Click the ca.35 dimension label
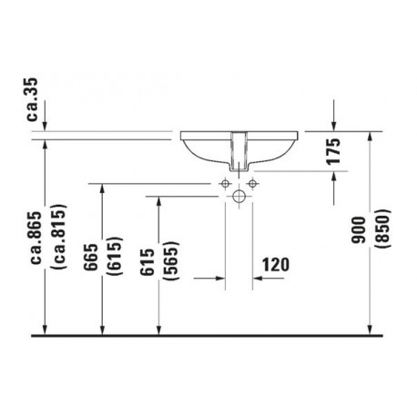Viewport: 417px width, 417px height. click(x=33, y=100)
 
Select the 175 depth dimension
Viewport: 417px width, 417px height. click(x=333, y=152)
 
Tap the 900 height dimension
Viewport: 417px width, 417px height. click(x=358, y=229)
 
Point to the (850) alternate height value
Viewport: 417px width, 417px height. click(x=381, y=229)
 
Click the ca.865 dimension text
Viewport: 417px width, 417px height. click(x=36, y=238)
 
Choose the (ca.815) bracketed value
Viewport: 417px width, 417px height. click(x=59, y=237)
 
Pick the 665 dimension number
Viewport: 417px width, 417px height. click(x=91, y=257)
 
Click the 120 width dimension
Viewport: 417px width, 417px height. click(x=276, y=264)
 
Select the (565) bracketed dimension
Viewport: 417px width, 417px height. click(x=171, y=261)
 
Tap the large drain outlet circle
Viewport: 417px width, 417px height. click(x=239, y=196)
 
